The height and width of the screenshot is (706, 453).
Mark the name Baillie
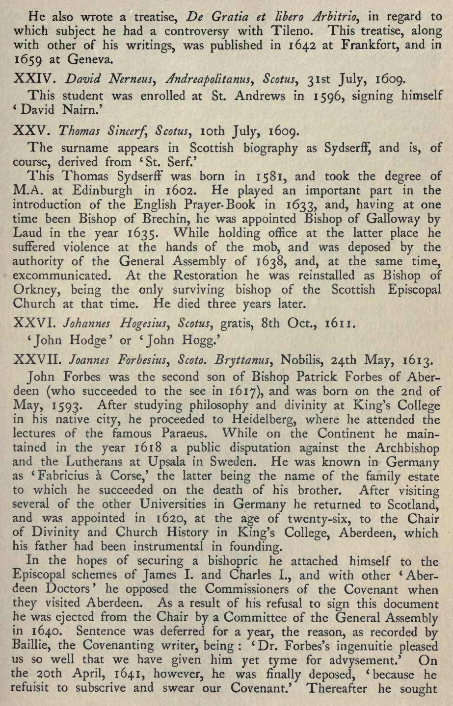point(31,647)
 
